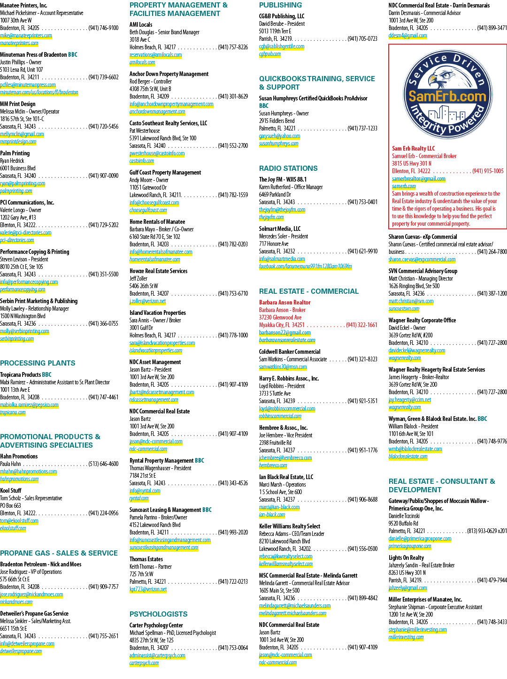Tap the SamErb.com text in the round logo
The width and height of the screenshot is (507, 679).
pos(447,96)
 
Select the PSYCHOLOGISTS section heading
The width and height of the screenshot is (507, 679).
pos(158,614)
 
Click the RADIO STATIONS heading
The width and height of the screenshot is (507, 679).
pos(288,168)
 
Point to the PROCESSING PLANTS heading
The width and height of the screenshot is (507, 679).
pos(38,363)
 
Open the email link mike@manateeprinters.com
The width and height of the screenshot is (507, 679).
pos(26,36)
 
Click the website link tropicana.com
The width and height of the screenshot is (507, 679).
pos(13,412)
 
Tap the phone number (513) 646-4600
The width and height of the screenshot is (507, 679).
pos(103,464)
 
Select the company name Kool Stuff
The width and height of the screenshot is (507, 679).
pos(11,490)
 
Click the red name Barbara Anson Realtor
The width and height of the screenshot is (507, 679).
pos(284,302)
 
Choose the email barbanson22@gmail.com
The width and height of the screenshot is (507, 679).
pos(284,333)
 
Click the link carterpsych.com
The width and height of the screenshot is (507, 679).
pos(144,663)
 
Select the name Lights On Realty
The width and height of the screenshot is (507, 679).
pos(406,557)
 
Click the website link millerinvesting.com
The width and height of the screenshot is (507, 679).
pos(406,637)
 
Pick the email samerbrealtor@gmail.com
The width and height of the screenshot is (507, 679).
pos(419,178)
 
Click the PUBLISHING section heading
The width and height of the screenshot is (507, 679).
pos(280,5)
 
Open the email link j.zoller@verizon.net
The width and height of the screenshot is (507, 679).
pos(147,301)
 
